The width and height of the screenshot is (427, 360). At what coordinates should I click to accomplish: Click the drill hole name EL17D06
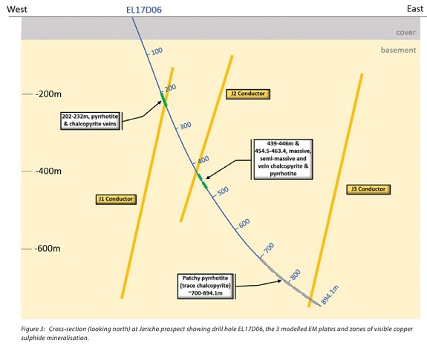144,10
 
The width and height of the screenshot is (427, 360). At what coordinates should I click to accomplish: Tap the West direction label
17,9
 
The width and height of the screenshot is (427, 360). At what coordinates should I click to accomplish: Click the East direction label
415,9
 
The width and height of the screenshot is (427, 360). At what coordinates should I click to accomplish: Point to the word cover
405,33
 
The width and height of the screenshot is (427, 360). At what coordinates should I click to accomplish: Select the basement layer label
398,50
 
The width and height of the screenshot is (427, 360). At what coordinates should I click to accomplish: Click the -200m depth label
48,94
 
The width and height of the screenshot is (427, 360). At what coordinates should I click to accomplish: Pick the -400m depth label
48,171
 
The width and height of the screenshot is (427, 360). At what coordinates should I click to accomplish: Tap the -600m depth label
48,249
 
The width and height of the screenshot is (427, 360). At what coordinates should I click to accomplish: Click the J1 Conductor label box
116,199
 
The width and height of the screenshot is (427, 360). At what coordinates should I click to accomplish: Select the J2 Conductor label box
248,94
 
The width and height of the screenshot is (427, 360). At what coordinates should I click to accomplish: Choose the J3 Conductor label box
368,189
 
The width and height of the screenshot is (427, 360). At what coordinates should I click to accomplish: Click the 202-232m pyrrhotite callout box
91,120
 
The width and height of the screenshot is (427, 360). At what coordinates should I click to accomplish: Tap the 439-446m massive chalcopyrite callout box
283,159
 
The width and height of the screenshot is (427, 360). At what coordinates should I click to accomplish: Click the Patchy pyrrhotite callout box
206,286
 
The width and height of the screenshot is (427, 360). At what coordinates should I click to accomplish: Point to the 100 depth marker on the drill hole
157,51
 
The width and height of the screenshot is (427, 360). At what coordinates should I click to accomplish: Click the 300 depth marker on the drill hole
185,125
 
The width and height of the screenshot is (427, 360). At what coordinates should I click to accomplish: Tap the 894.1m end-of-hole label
330,295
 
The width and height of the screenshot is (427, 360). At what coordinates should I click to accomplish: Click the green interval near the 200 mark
164,99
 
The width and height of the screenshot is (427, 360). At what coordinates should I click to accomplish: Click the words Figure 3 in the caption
33,329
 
